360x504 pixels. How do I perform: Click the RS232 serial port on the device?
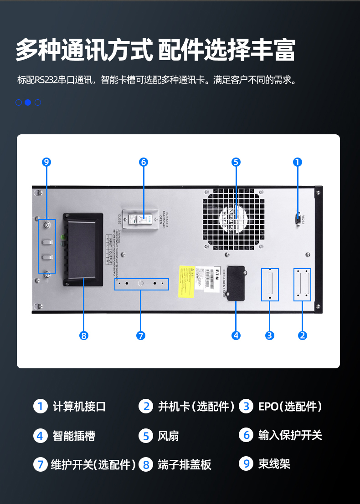[x=298, y=219]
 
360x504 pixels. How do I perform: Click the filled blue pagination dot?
[x=28, y=102]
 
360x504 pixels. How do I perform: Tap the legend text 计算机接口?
[x=79, y=406]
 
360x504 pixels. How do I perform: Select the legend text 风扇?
[x=168, y=436]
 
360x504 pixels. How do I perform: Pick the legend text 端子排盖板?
[x=185, y=464]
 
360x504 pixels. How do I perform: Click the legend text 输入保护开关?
[x=290, y=435]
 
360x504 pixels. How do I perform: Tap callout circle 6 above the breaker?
[x=144, y=162]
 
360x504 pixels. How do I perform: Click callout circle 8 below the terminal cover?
[x=83, y=336]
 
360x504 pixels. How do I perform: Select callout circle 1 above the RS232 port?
[x=298, y=162]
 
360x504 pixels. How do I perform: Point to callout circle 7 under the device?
[x=140, y=336]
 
